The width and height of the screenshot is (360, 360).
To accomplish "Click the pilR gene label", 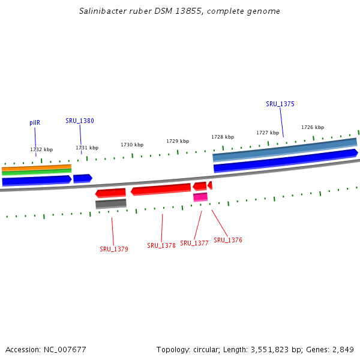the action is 35,122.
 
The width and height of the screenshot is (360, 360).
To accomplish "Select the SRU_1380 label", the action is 80,121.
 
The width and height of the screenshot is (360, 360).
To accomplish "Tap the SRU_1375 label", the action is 280,104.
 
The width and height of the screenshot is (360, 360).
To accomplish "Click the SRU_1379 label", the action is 114,249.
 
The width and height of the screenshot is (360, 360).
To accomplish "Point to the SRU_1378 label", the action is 161,245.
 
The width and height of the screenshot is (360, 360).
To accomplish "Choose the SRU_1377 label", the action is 194,243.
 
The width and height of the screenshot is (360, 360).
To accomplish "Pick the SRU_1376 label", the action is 228,240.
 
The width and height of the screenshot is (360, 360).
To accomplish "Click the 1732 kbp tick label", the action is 41,149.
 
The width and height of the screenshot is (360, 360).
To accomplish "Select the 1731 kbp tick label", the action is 87,148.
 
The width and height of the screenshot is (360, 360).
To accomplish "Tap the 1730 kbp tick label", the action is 132,145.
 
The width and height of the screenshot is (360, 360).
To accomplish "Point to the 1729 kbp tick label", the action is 178,141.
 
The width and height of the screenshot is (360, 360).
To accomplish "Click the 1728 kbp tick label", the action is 223,137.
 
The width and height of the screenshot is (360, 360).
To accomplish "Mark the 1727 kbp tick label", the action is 268,133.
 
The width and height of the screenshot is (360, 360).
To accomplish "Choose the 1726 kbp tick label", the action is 313,127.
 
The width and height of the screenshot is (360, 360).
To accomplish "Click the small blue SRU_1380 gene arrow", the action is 82,178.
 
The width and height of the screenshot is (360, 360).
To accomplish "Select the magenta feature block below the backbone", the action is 200,197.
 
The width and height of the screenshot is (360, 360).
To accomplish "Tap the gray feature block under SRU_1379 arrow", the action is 111,204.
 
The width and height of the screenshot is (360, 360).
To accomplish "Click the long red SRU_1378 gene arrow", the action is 161,190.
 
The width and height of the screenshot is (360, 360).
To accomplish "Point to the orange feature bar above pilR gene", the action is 37,168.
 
